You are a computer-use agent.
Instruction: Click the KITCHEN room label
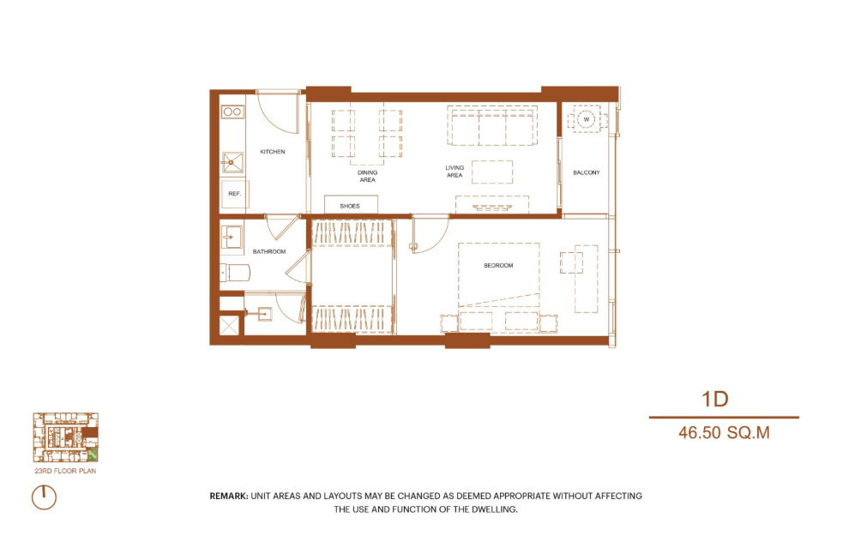[272, 152]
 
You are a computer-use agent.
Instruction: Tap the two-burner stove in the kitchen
[232, 111]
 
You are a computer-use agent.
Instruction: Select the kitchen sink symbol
[232, 162]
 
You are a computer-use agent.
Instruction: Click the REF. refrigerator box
[234, 194]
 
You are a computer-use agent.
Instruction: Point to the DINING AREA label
[368, 176]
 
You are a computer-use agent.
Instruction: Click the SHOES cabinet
[351, 205]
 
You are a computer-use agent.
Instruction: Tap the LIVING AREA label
[455, 172]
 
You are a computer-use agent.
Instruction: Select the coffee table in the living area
[492, 172]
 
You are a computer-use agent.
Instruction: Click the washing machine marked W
[587, 119]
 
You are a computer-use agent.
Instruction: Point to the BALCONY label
[587, 172]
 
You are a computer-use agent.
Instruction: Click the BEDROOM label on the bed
[498, 266]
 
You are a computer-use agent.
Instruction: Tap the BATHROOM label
[268, 252]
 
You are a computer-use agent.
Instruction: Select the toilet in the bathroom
[235, 273]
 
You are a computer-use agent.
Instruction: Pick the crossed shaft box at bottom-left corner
[229, 326]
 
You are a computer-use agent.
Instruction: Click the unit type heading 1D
[715, 399]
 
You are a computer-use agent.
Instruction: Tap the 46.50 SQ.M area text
[724, 433]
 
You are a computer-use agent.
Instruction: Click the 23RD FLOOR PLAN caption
[65, 471]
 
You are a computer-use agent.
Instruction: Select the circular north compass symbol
[45, 497]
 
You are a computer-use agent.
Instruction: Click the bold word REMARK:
[229, 497]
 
